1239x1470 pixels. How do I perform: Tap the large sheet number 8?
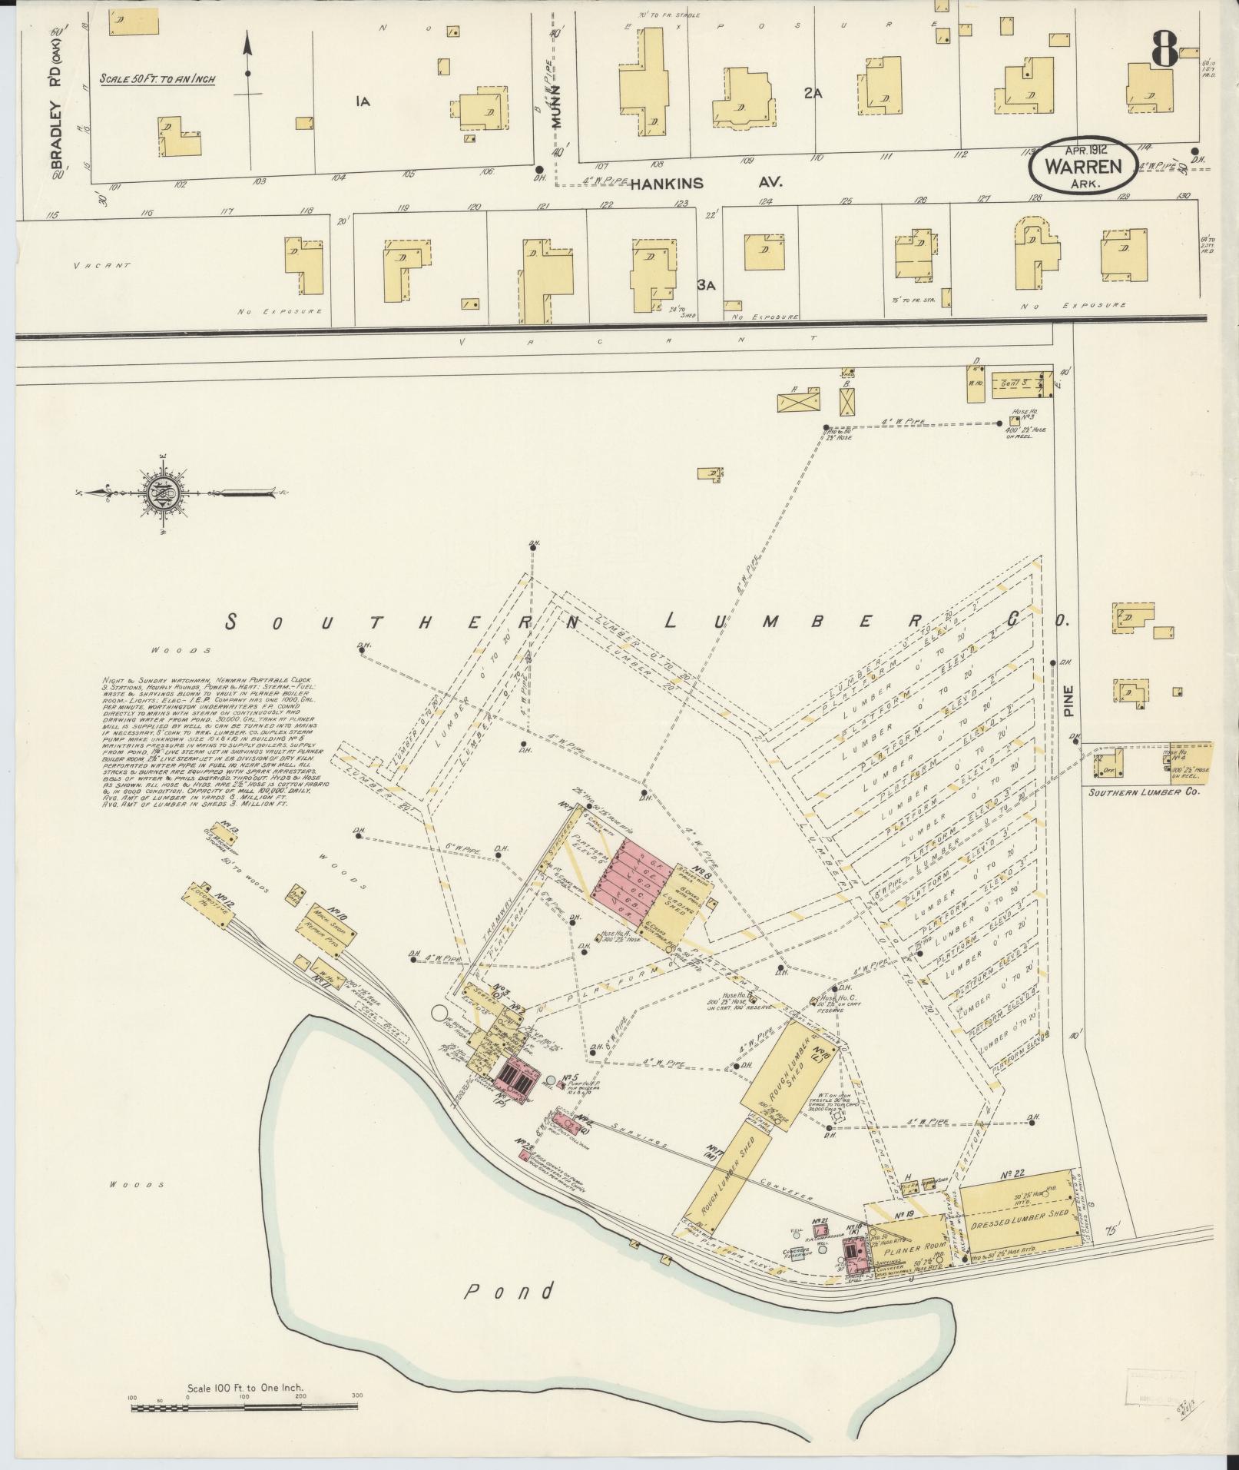1165,51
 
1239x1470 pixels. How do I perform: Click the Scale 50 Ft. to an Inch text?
157,79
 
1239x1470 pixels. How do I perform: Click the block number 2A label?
813,93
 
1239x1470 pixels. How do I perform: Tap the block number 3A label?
706,285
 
